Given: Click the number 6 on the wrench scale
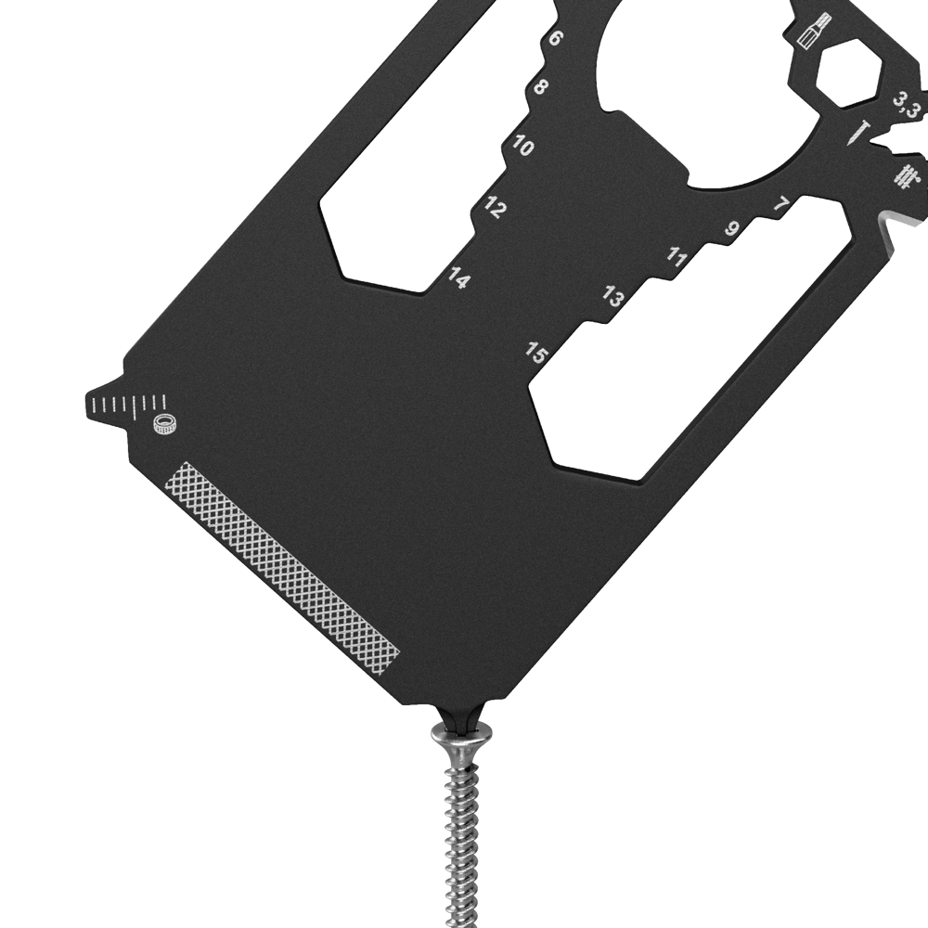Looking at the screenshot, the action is tap(556, 38).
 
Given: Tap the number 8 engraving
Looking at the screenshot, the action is tap(541, 87).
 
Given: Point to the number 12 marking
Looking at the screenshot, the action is tap(495, 207).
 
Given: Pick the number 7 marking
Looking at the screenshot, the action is tap(781, 205).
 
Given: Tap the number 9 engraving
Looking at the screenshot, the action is tap(732, 228).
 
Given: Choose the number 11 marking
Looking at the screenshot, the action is tap(677, 257).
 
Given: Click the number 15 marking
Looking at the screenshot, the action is tap(536, 354).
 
